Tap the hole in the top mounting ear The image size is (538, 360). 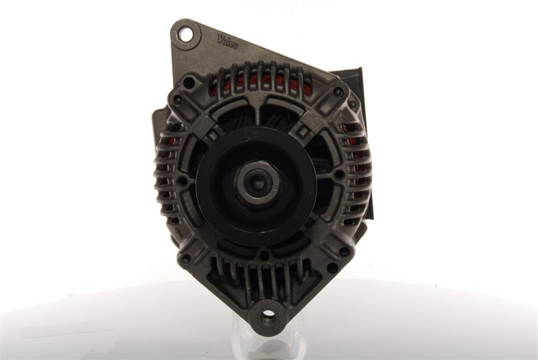coord(186,34)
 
